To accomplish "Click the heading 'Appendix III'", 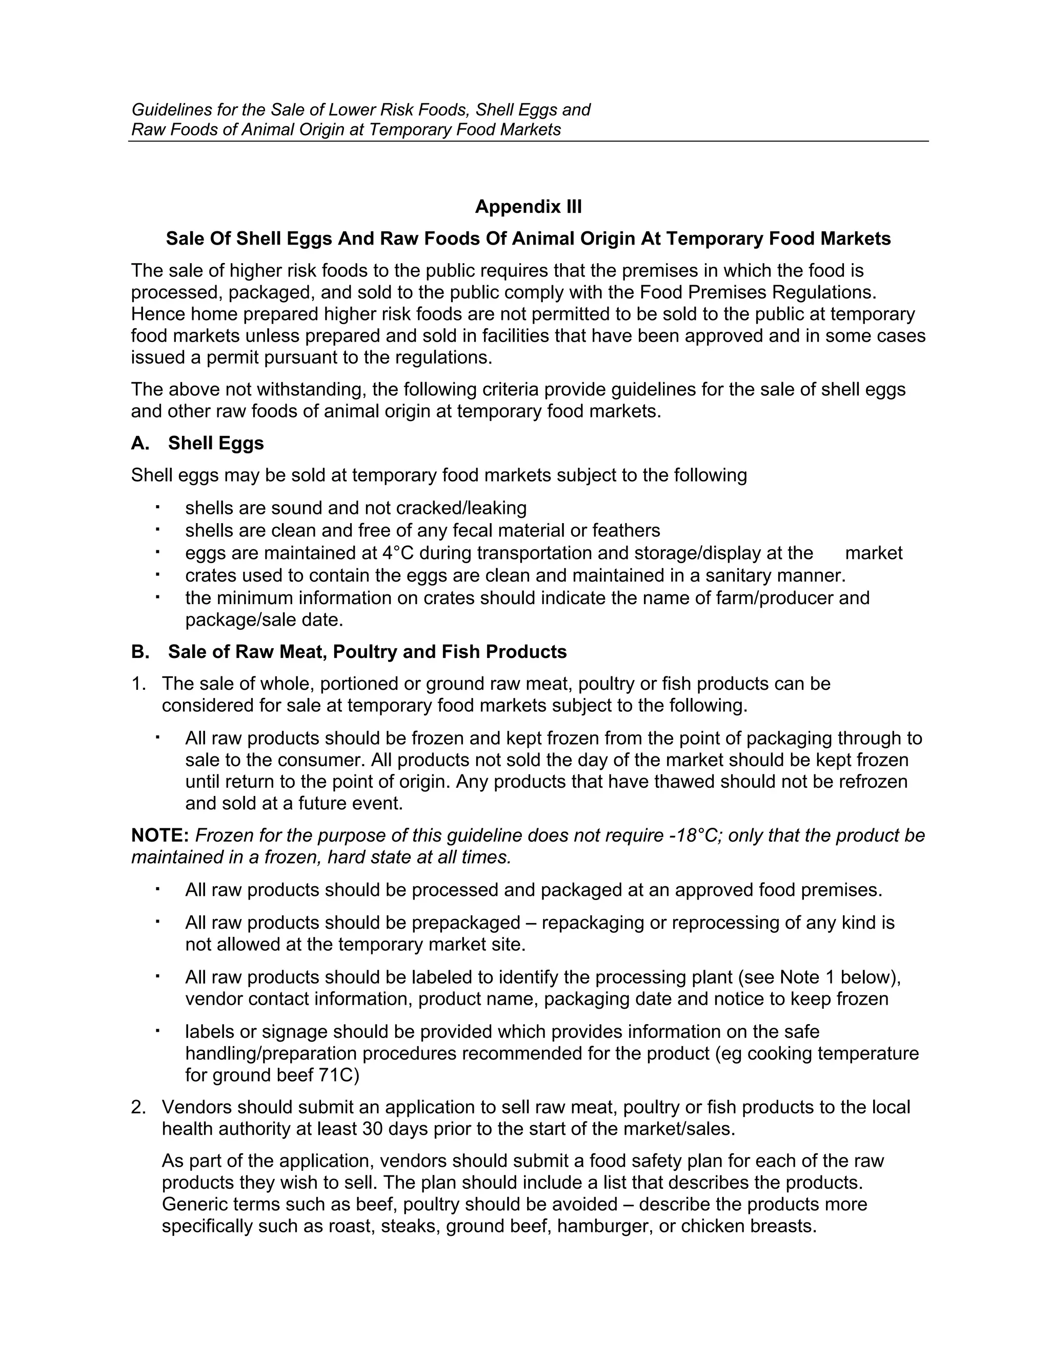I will pos(528,207).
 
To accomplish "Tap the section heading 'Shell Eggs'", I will pos(215,443).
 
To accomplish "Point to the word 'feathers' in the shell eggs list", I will pos(626,530).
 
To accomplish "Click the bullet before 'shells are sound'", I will pos(158,507).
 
